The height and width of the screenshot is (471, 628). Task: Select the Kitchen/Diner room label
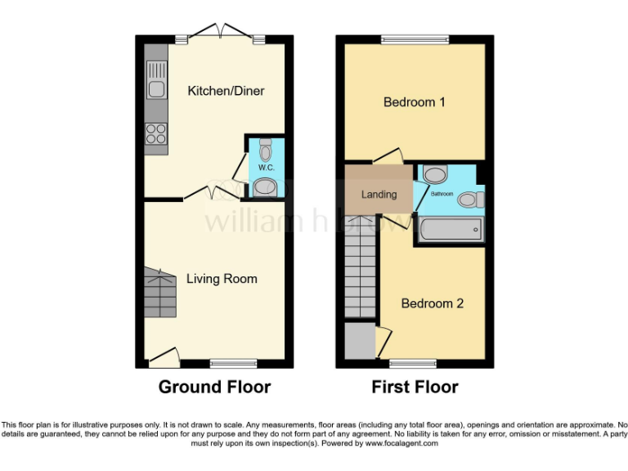coord(226,91)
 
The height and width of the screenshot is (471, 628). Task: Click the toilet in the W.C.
coord(265,150)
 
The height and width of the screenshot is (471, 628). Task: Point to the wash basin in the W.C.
coord(266,190)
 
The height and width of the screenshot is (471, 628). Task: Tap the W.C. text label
coord(265,168)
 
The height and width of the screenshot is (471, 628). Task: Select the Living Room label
coord(222,279)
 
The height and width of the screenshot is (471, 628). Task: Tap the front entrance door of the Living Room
coord(164,356)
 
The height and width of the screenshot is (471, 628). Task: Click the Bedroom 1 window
coord(415,38)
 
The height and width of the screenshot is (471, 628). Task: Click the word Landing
coord(379,195)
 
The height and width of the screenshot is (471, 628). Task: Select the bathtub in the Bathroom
coord(450,230)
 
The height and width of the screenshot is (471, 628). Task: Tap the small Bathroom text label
coord(442,194)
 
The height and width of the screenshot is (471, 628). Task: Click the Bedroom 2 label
coord(433,303)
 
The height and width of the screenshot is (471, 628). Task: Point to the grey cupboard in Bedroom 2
coord(357,341)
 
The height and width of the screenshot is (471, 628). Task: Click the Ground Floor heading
coord(214,387)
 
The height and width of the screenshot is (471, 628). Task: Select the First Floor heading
coord(415,387)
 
